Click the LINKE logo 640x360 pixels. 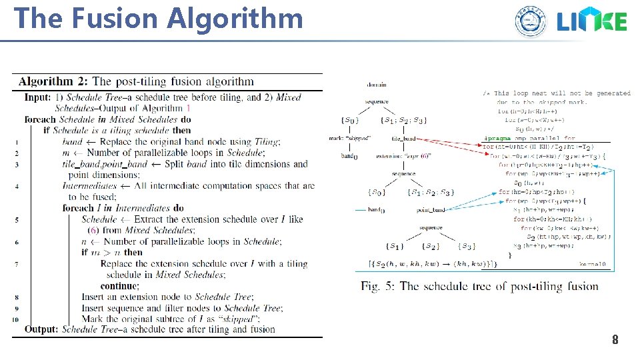click(x=592, y=22)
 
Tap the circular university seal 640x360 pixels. click(x=530, y=21)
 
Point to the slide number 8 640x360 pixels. click(x=615, y=341)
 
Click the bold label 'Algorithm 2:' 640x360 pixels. click(x=55, y=82)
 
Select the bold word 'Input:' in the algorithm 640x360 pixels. click(x=37, y=97)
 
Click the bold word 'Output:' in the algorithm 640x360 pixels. click(x=41, y=329)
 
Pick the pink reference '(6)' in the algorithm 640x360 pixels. click(x=89, y=230)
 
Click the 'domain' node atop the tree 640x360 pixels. click(x=377, y=85)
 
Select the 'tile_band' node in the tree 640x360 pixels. click(x=404, y=139)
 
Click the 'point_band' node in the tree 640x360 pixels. click(x=431, y=209)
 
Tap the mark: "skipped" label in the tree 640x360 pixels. click(x=350, y=138)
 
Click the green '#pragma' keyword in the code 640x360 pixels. click(x=497, y=138)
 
